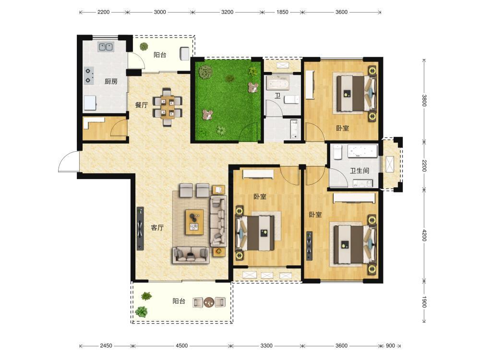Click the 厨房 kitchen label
point(111,82)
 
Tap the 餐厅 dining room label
point(142,105)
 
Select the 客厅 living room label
point(157,228)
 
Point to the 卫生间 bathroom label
point(360,170)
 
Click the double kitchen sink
point(106,47)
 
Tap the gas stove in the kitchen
point(89,76)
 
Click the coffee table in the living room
point(194,222)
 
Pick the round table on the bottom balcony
point(209,302)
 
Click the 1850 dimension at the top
point(282,12)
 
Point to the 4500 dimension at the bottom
point(181,346)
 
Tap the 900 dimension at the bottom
point(390,346)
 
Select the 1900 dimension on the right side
point(424,301)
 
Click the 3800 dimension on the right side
point(424,100)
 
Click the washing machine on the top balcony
point(185,54)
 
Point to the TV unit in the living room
point(140,228)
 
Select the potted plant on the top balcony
point(144,47)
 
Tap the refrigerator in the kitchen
point(90,103)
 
